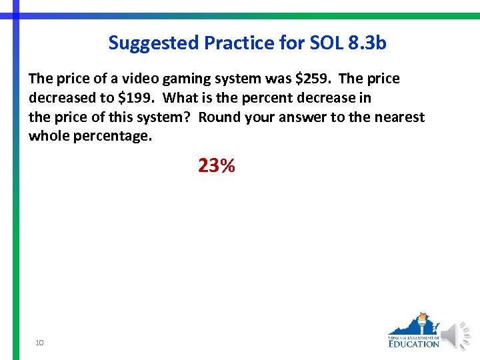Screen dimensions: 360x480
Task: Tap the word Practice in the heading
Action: click(x=232, y=44)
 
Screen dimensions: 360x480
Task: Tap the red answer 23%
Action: click(x=216, y=166)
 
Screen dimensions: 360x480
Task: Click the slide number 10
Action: click(x=40, y=343)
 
